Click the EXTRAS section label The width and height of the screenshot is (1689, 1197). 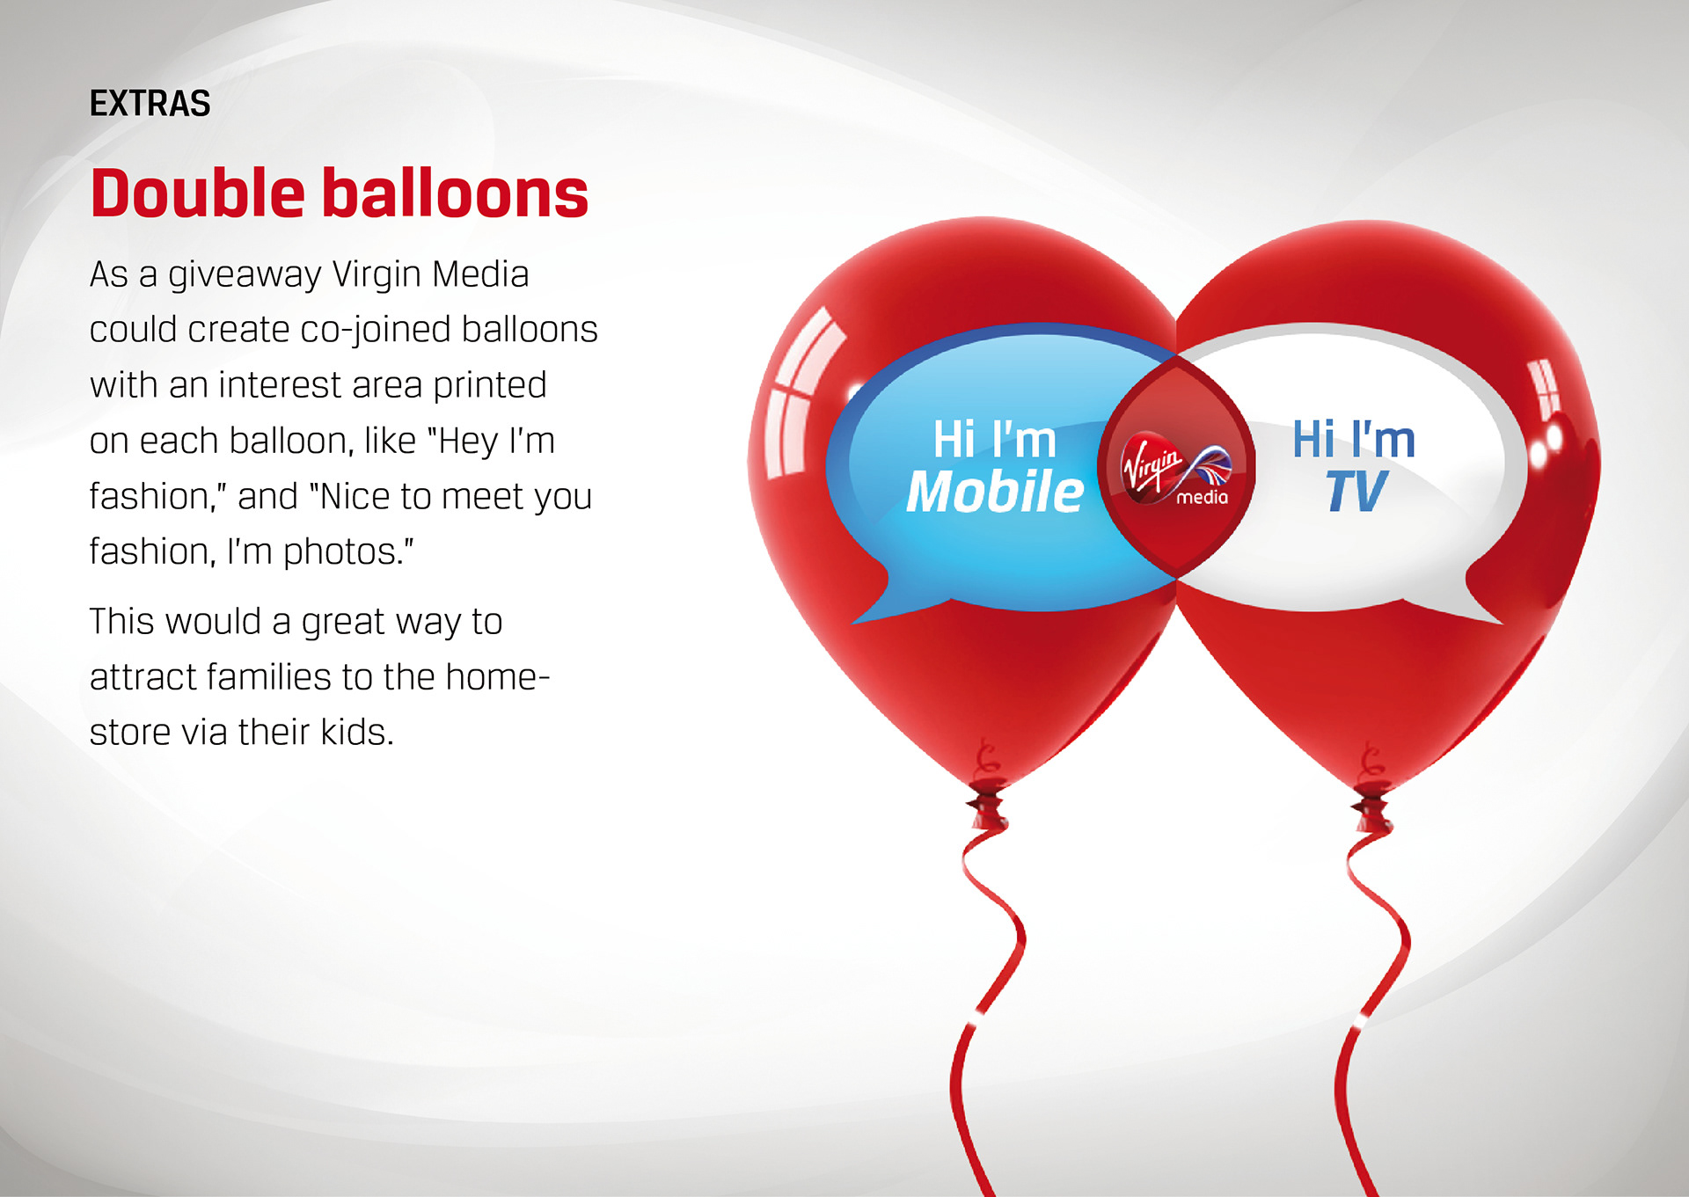pyautogui.click(x=150, y=104)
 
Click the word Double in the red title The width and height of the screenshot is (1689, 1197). pyautogui.click(x=198, y=193)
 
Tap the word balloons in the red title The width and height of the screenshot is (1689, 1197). pyautogui.click(x=456, y=193)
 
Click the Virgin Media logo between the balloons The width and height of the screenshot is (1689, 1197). pyautogui.click(x=1176, y=469)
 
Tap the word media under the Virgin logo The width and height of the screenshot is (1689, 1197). pyautogui.click(x=1202, y=498)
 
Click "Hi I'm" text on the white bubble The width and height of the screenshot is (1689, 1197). pyautogui.click(x=1353, y=439)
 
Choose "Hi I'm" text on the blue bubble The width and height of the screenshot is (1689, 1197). pyautogui.click(x=994, y=439)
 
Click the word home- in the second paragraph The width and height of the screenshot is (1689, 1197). pyautogui.click(x=498, y=676)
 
